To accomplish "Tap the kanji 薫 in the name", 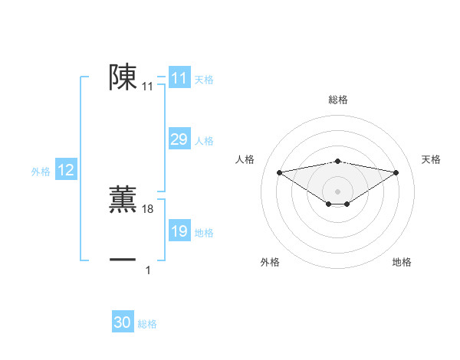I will pos(123,198).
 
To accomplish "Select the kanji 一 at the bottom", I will pos(123,260).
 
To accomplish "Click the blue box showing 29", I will pos(179,139).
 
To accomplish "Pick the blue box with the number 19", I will pos(179,231).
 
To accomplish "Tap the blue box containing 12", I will pos(66,170).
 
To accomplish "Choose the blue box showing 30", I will pos(123,322).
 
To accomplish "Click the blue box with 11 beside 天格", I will pos(179,78).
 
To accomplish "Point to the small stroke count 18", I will pos(148,209).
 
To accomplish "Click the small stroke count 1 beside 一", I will pos(148,270).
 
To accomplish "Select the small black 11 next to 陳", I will pos(148,87).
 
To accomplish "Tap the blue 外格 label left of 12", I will pos(41,172).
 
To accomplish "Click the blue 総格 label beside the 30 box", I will pos(147,324).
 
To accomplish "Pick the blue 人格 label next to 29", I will pos(204,141).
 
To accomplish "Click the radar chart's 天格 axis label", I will pos(431,159).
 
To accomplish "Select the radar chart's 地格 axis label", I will pos(402,262).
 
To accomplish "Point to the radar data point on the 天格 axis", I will pos(396,172).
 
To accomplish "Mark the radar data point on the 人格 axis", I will pos(279,172).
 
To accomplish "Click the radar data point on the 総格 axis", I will pos(337,162).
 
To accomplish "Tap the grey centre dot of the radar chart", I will pos(337,191).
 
